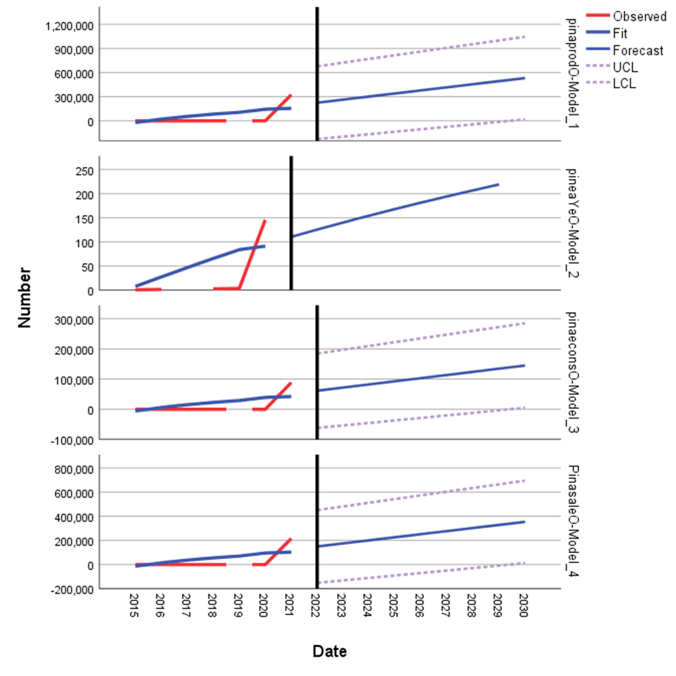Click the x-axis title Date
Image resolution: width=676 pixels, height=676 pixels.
pyautogui.click(x=329, y=651)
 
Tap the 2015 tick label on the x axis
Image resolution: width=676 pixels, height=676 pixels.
pyautogui.click(x=134, y=607)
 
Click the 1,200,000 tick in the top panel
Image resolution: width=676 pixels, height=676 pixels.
pyautogui.click(x=69, y=25)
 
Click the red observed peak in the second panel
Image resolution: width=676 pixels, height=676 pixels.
pyautogui.click(x=265, y=220)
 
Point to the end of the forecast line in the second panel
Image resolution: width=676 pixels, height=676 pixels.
pyautogui.click(x=498, y=184)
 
